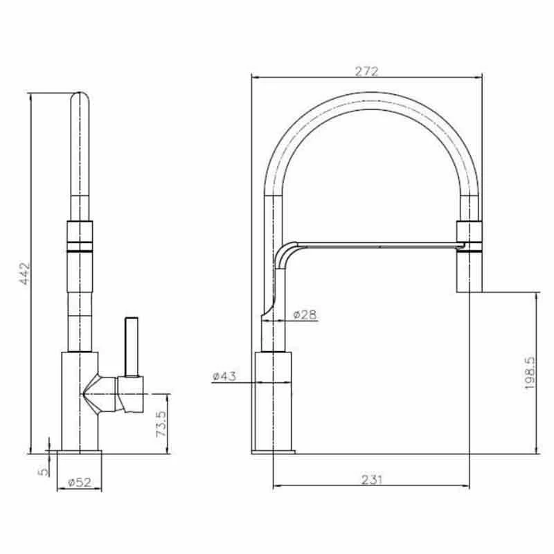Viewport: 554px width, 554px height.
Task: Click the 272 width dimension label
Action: pos(367,71)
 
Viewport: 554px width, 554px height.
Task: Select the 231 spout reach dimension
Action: pos(372,480)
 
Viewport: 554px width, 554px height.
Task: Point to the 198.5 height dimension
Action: pos(530,373)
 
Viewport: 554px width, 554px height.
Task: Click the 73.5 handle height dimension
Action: pos(161,424)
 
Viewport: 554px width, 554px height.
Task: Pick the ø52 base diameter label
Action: pos(80,482)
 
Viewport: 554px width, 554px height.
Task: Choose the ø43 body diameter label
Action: pos(224,376)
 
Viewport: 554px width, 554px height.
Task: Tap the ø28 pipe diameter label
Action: pos(305,314)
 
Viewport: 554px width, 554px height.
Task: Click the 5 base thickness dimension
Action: pos(43,472)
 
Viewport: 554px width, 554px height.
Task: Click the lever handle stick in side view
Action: pos(132,347)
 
